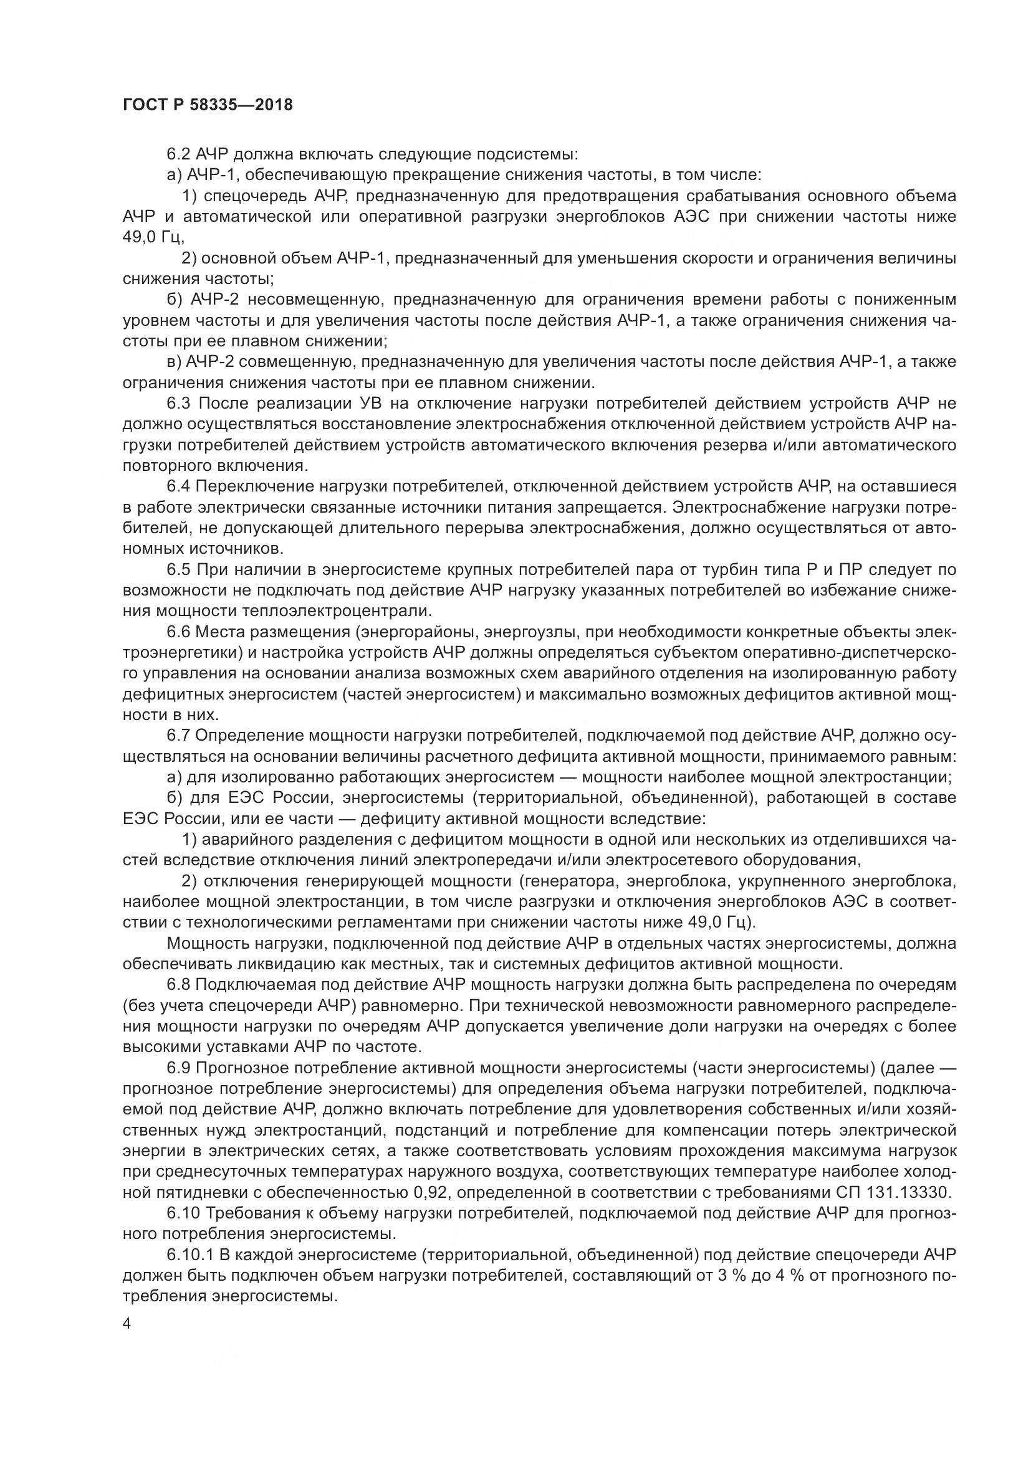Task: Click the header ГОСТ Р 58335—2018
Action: coord(207,105)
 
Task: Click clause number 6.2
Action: coord(179,154)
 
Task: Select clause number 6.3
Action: coord(179,404)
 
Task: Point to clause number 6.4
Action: coord(179,486)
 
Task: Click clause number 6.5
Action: coord(179,570)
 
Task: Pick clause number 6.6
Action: coord(179,632)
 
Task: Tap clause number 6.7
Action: coord(179,736)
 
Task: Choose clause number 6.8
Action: coord(179,985)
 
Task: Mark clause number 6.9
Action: coord(179,1068)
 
